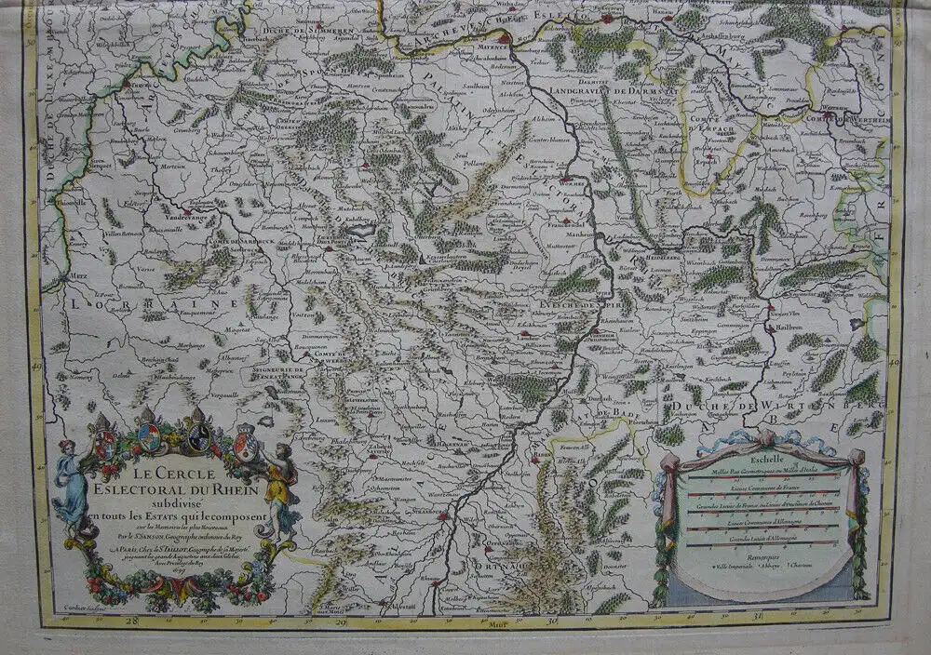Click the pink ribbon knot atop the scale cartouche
pyautogui.click(x=765, y=436)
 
